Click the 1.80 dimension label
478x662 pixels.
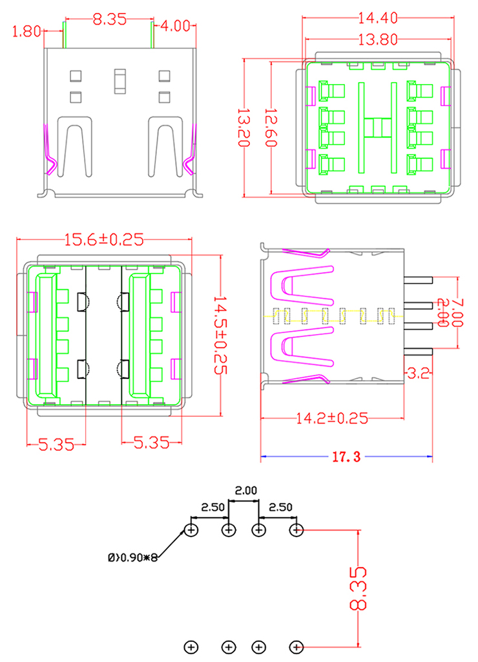click(26, 30)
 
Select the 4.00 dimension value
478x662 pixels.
click(176, 27)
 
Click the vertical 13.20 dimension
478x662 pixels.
click(244, 128)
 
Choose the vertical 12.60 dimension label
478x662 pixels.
click(271, 127)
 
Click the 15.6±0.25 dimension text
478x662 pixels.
click(103, 240)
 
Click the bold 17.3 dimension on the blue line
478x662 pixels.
click(346, 458)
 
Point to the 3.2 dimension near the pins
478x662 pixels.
click(413, 373)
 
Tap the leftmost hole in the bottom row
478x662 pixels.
click(191, 646)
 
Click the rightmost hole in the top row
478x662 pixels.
click(296, 531)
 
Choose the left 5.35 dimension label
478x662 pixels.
click(56, 443)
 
